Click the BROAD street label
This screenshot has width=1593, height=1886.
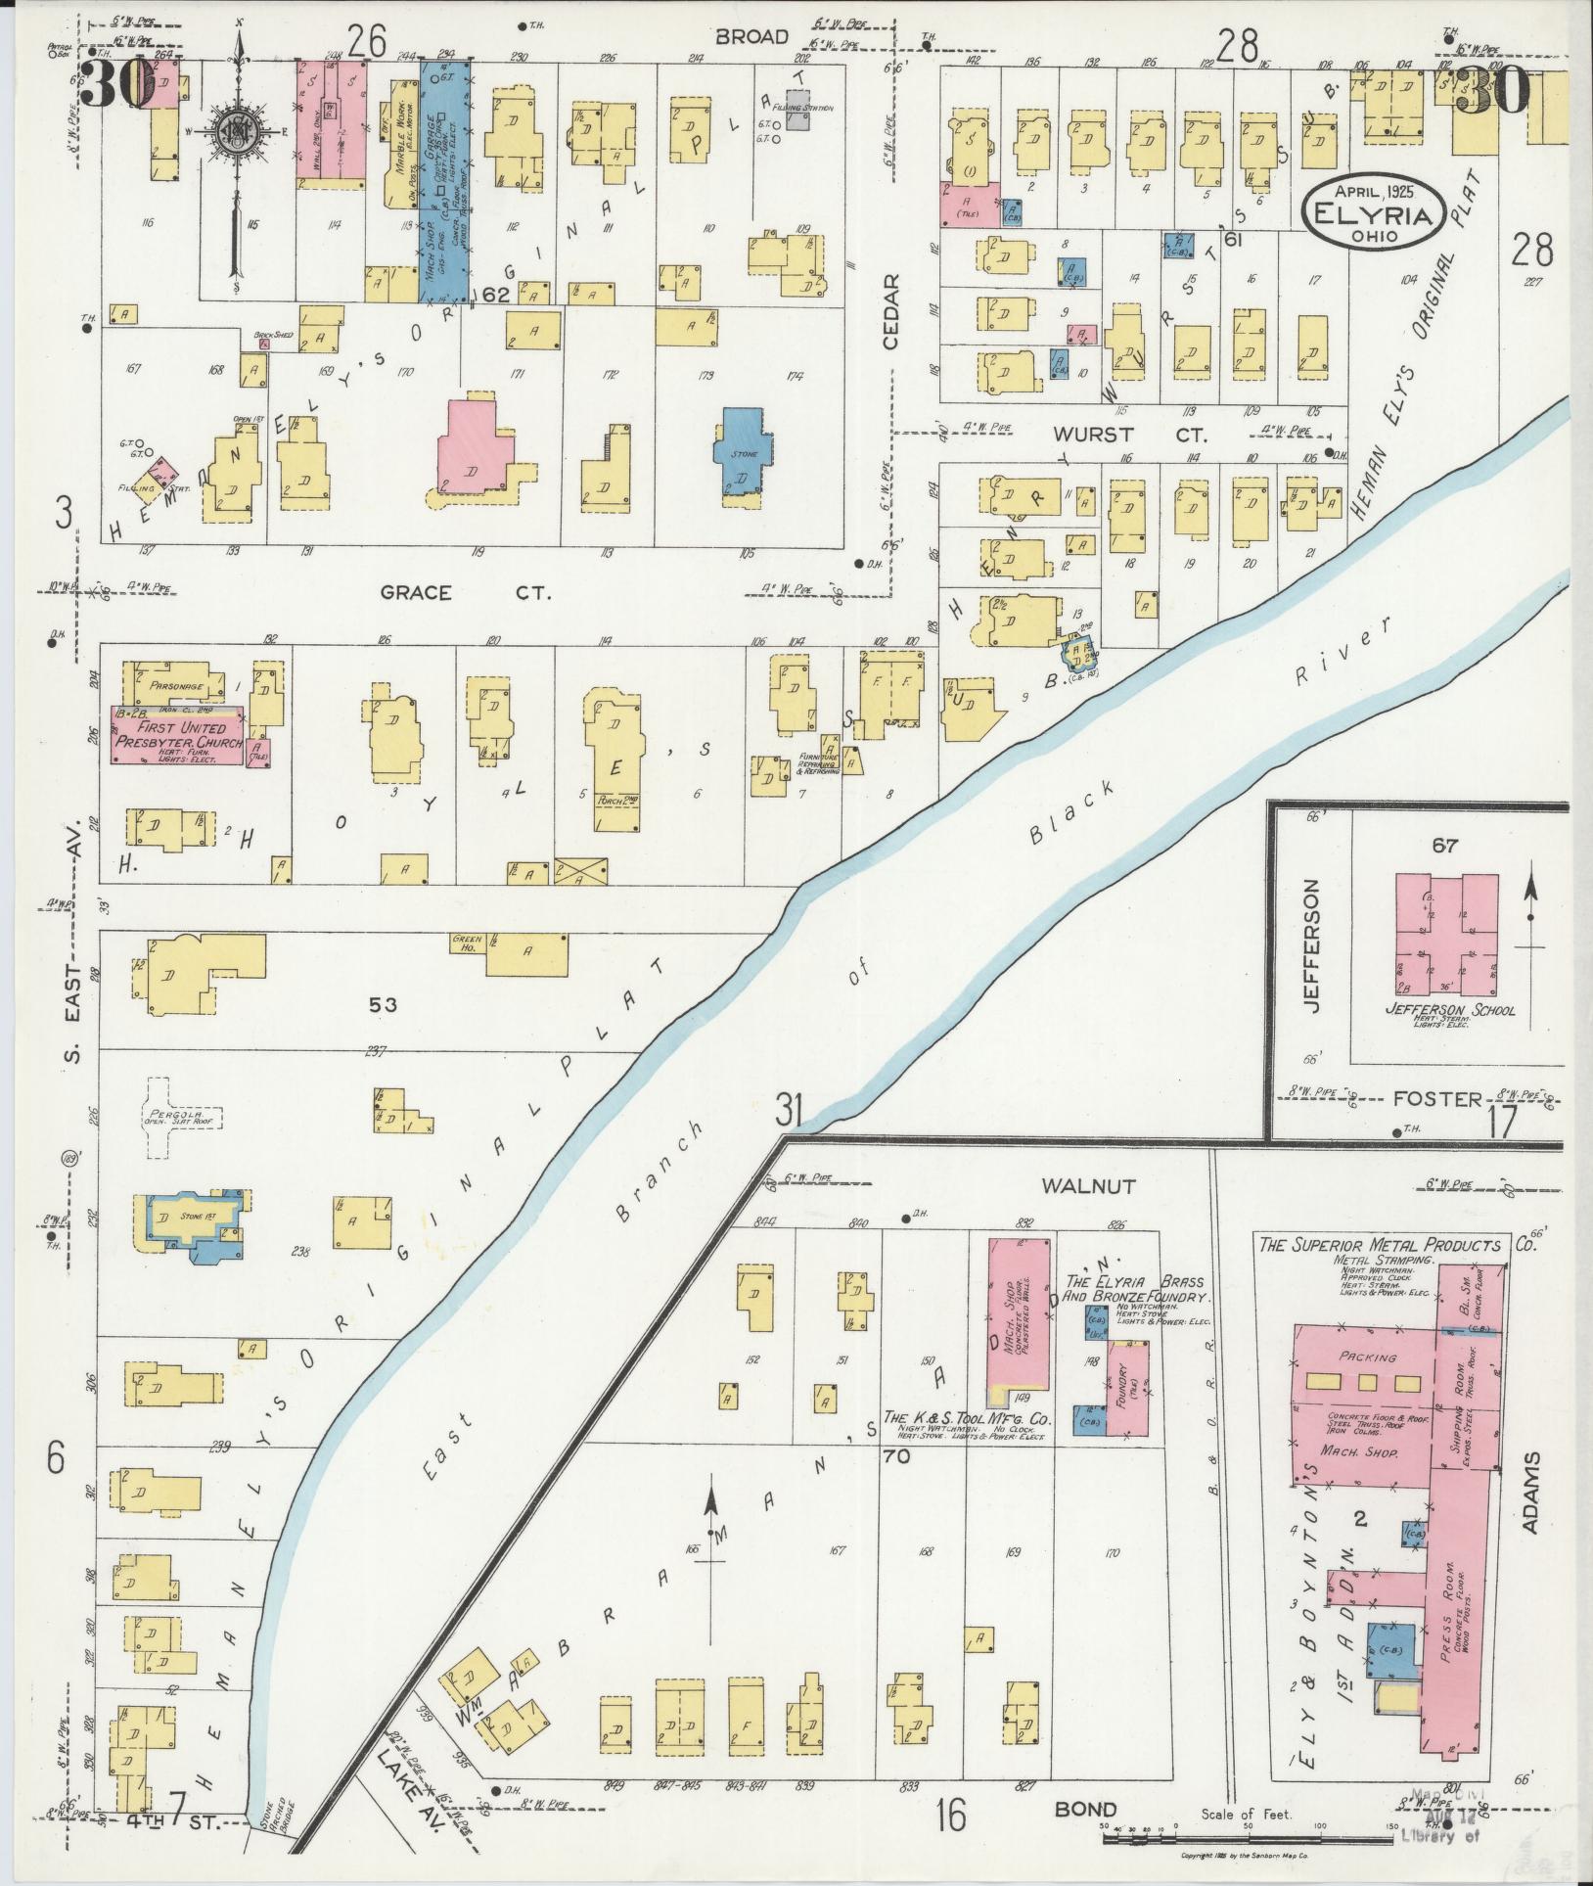coord(751,37)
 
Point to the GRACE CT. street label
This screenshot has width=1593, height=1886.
coord(466,593)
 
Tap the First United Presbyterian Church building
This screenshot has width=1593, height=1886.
coord(176,734)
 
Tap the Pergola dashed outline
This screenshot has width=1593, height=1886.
coord(185,1116)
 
